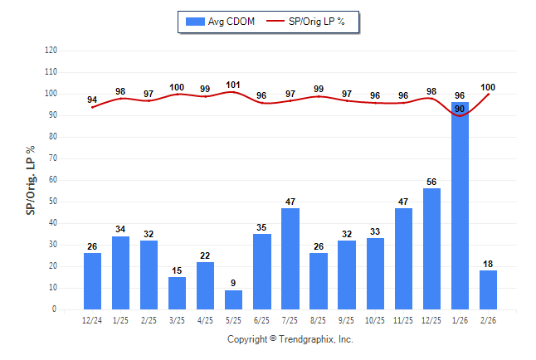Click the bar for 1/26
click(x=460, y=207)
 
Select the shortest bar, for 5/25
click(x=234, y=299)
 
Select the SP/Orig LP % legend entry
click(x=314, y=21)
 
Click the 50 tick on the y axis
click(x=52, y=202)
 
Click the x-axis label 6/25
click(x=262, y=320)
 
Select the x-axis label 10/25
click(x=375, y=320)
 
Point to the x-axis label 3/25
click(x=177, y=320)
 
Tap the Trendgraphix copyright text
click(x=290, y=339)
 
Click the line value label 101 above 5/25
click(x=233, y=85)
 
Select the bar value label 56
click(x=431, y=182)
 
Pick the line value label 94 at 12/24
click(x=92, y=100)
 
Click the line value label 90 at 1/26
click(x=460, y=109)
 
